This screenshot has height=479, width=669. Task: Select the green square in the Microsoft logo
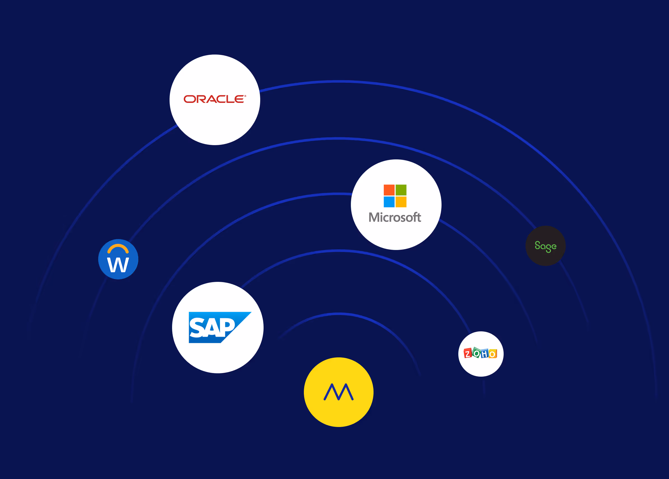click(x=401, y=190)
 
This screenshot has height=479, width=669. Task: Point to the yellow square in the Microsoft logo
click(x=401, y=202)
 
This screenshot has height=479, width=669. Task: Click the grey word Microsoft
click(x=395, y=218)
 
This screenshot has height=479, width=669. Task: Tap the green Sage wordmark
click(x=545, y=246)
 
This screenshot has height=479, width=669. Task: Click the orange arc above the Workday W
click(x=118, y=247)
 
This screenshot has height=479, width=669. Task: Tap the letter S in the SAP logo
click(x=196, y=328)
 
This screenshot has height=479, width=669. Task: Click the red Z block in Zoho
click(x=468, y=353)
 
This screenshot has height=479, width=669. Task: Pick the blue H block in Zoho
click(x=485, y=354)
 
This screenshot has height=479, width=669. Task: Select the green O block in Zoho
click(x=476, y=353)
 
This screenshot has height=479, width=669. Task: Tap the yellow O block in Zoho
click(x=493, y=354)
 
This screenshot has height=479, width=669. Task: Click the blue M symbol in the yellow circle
click(x=339, y=392)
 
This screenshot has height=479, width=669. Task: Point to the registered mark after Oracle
click(x=245, y=96)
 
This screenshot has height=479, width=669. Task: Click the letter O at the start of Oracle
click(x=190, y=99)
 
